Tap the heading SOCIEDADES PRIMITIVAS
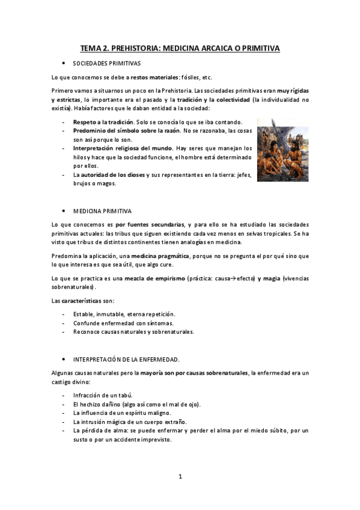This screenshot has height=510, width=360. point(106,63)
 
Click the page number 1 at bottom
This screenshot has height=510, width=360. point(180,476)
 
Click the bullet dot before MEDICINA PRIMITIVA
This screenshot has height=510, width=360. point(64,212)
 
